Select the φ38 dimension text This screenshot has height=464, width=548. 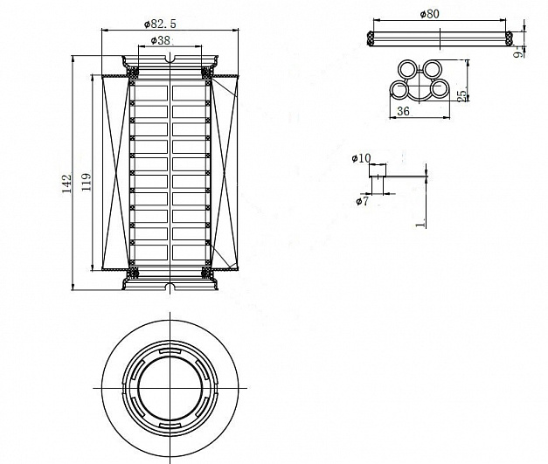161,40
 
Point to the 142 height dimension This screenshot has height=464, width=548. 66,180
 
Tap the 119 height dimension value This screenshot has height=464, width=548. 86,181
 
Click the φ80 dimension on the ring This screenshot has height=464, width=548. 429,13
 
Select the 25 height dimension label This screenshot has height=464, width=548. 462,92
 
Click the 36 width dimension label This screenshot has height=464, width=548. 403,112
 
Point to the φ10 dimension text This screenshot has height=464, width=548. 360,158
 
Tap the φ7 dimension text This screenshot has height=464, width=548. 362,201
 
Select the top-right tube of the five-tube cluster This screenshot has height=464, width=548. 434,69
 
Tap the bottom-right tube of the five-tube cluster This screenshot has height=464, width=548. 440,90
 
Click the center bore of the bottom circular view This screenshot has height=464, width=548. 170,385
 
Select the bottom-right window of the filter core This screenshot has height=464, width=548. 189,253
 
